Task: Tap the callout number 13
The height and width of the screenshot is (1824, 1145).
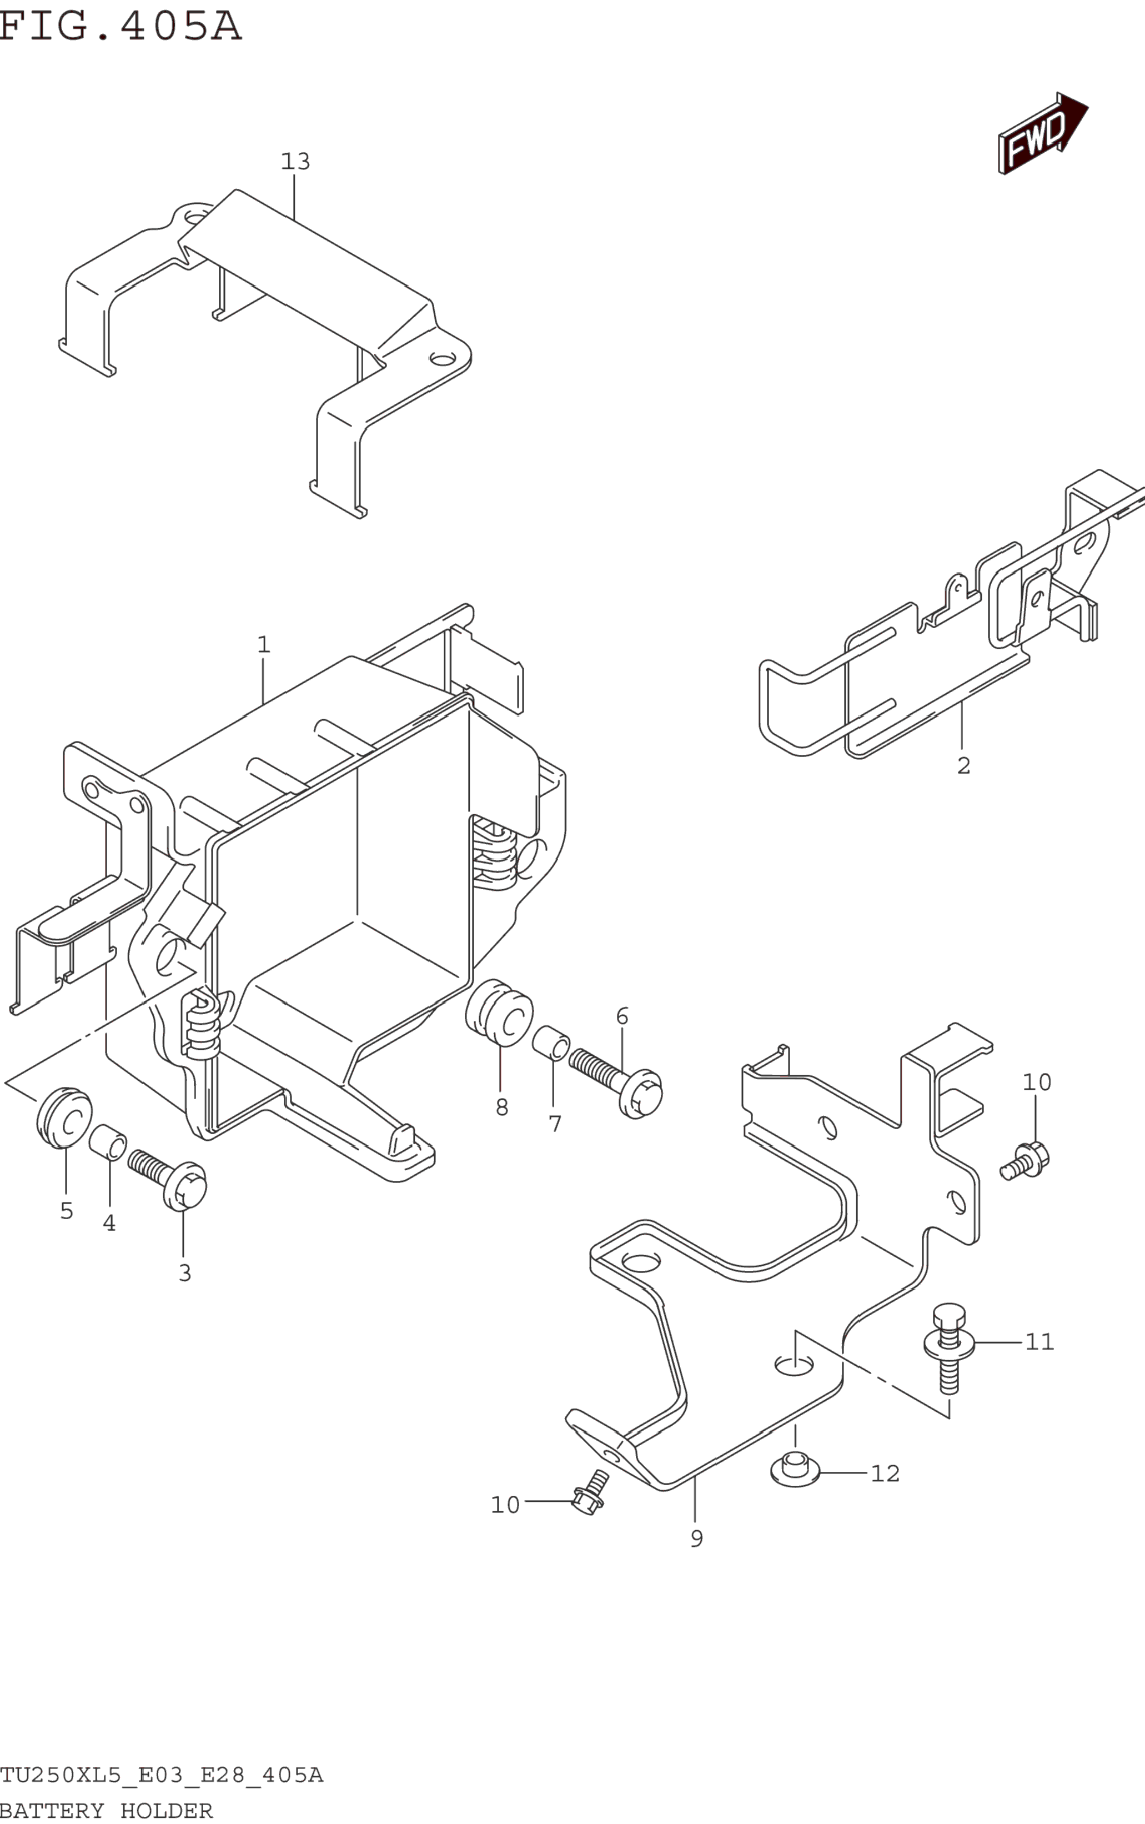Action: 295,161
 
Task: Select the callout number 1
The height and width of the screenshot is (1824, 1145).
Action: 264,645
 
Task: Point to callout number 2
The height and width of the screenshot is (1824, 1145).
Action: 963,765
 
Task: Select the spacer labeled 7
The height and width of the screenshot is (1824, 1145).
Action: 551,1043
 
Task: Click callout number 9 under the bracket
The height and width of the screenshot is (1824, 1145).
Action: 697,1539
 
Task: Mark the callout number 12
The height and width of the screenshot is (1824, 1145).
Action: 885,1474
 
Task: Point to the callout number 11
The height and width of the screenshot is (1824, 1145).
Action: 1039,1342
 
